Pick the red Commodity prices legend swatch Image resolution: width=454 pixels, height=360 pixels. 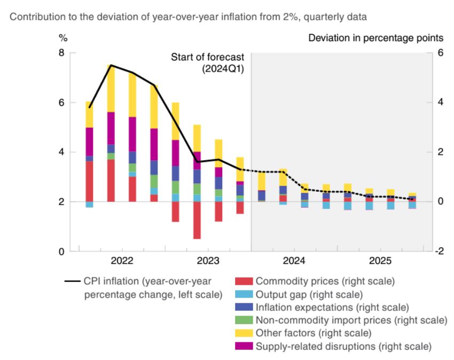[244, 281]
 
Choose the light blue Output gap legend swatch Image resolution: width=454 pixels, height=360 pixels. [244, 294]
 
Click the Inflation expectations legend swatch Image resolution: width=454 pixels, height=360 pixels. [244, 307]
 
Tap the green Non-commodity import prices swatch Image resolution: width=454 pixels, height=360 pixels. [244, 320]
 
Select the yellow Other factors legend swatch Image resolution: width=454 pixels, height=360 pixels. [244, 333]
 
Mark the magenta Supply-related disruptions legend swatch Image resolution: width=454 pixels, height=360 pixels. [244, 347]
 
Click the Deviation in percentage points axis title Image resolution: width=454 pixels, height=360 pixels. [375, 38]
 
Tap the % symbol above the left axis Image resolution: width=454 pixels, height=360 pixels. [63, 38]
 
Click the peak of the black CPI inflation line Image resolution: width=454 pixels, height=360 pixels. [110, 65]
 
